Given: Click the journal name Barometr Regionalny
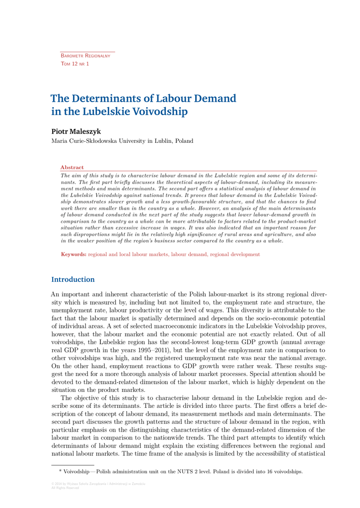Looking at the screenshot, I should pyautogui.click(x=85, y=56).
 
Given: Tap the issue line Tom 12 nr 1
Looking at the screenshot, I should pyautogui.click(x=74, y=64).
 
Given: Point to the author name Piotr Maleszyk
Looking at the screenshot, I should pyautogui.click(x=76, y=131).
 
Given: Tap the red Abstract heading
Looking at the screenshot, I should pyautogui.click(x=72, y=167).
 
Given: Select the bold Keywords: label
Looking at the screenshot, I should pyautogui.click(x=73, y=254).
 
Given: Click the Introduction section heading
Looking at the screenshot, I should pyautogui.click(x=72, y=279).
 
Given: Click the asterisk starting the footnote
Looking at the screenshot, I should pyautogui.click(x=61, y=471).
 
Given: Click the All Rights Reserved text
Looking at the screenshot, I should pyautogui.click(x=65, y=488).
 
